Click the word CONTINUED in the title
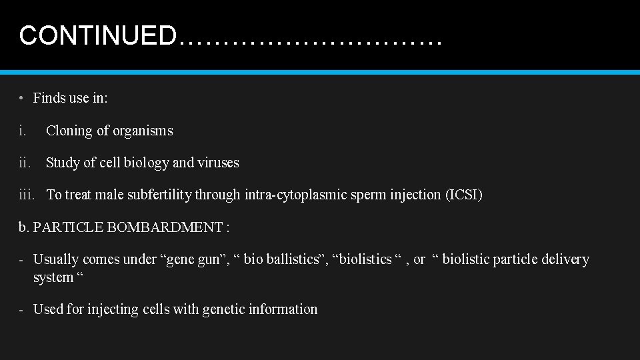97,35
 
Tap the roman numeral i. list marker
23,131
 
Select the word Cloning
69,131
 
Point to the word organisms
143,131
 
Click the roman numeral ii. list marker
25,163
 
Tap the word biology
145,163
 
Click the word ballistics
297,259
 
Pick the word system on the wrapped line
53,277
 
